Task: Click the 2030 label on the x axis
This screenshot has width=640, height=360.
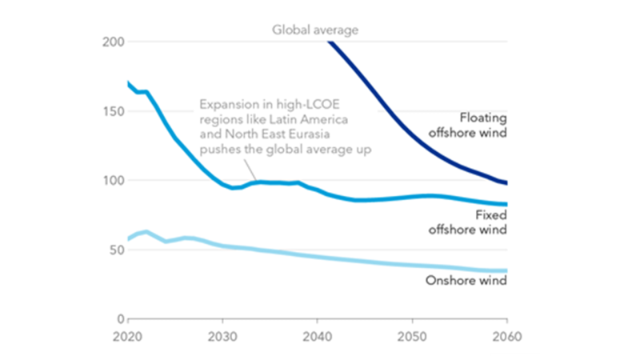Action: (222, 336)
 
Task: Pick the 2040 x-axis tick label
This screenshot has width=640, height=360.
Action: (318, 336)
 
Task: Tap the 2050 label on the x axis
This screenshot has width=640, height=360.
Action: (413, 336)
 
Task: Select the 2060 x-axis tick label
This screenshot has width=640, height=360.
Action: (506, 336)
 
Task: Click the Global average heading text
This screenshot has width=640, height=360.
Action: (314, 30)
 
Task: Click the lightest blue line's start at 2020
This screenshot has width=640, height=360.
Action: (128, 238)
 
